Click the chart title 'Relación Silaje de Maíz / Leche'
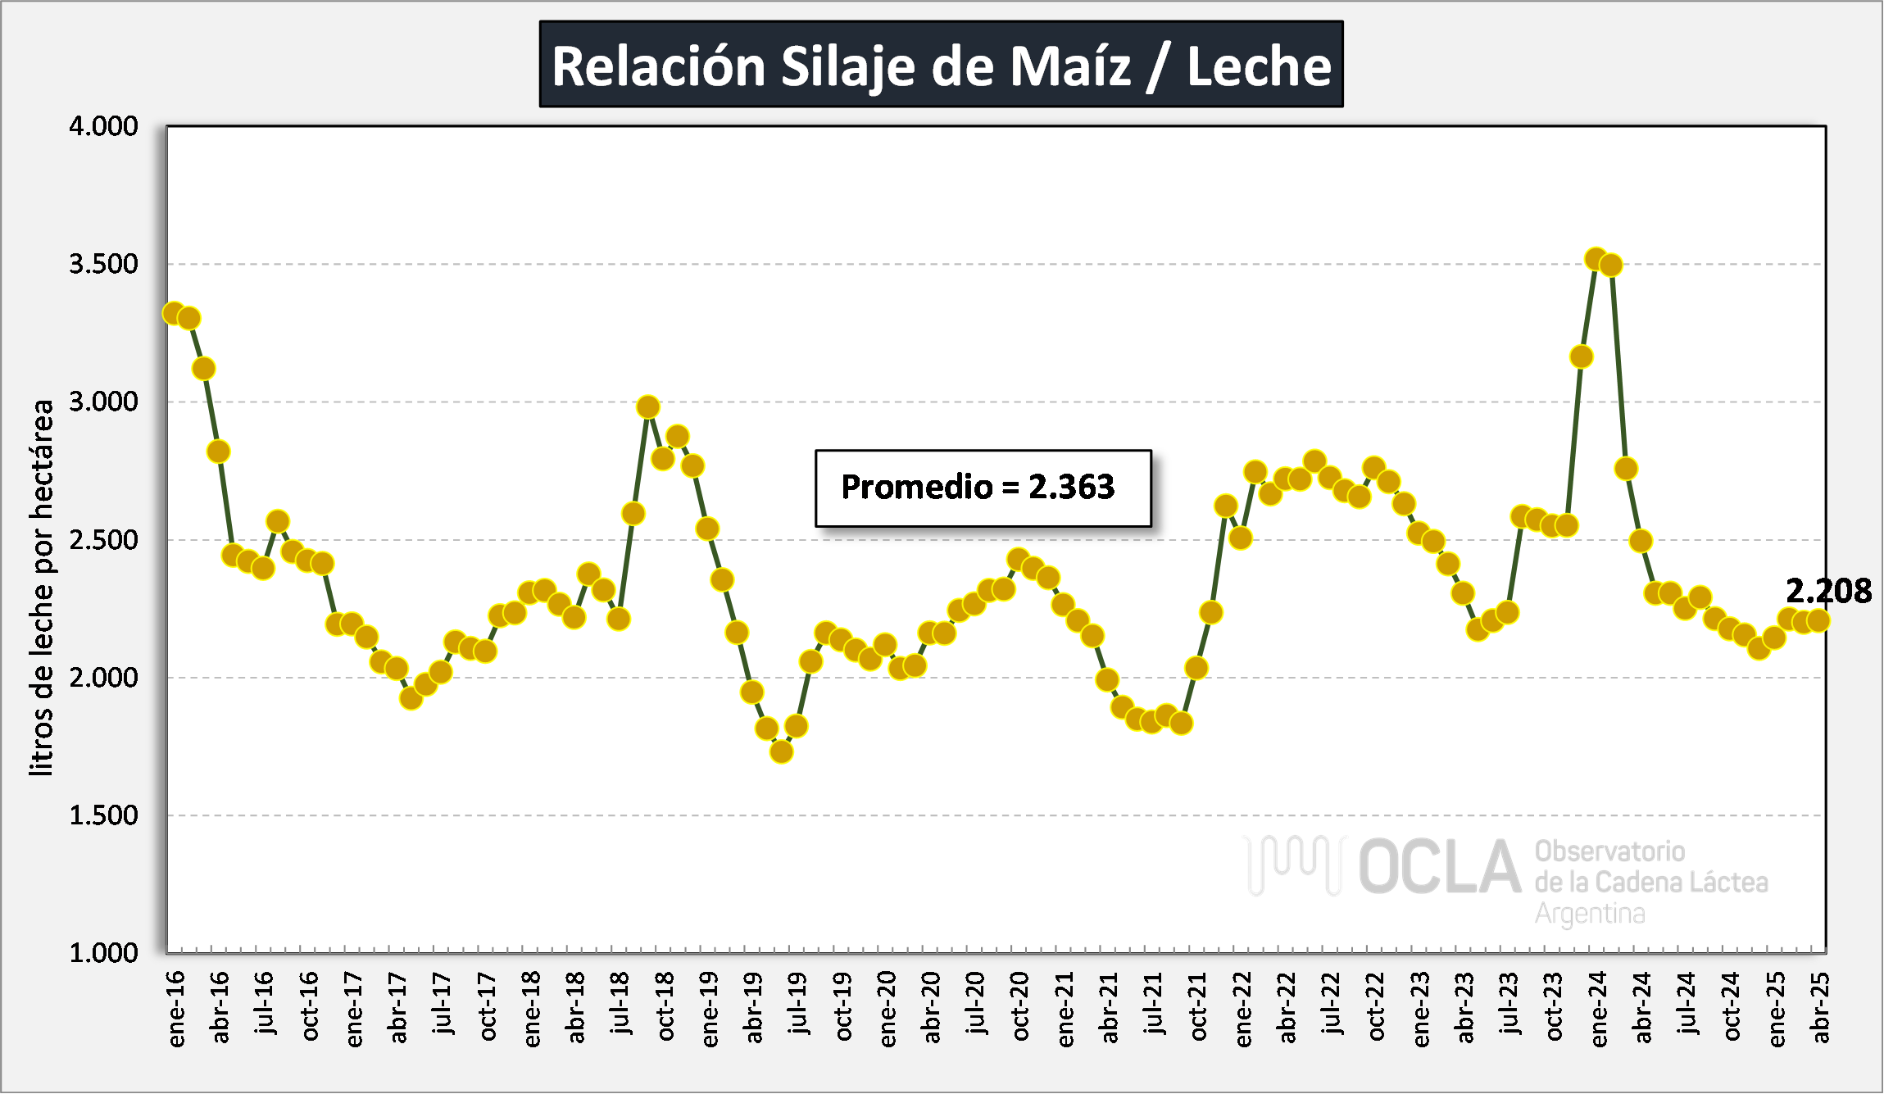click(x=941, y=65)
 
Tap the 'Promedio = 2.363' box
click(x=983, y=488)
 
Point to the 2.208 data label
click(x=1828, y=591)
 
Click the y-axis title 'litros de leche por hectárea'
click(x=41, y=587)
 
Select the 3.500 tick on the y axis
click(x=103, y=264)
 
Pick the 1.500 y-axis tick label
click(x=103, y=815)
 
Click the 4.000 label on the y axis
click(x=103, y=126)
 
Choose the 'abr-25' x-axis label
click(x=1820, y=1008)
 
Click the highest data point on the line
click(x=1596, y=260)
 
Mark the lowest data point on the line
click(x=782, y=751)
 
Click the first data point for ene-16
click(x=174, y=313)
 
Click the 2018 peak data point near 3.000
click(x=648, y=406)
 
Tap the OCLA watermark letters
click(x=1439, y=867)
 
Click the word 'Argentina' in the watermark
click(x=1589, y=913)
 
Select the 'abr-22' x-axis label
click(x=1287, y=1008)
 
